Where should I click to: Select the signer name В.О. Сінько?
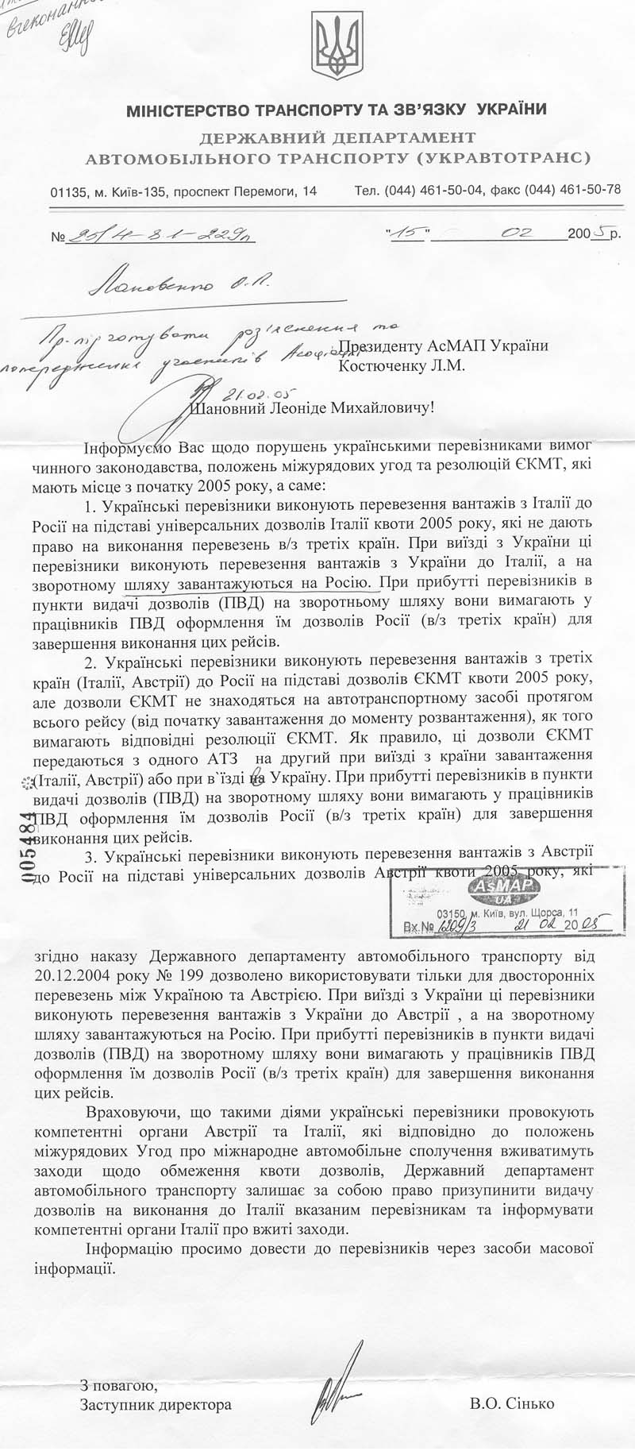(512, 1403)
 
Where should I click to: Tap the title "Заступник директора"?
(156, 1404)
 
